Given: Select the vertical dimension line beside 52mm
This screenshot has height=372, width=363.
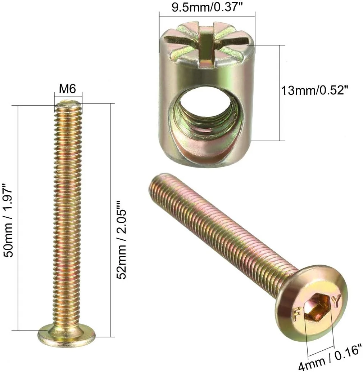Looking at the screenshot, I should pos(109,220).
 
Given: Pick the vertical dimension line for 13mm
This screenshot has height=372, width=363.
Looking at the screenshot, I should pos(280,93).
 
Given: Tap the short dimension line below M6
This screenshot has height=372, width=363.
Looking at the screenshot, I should pos(68,94).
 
